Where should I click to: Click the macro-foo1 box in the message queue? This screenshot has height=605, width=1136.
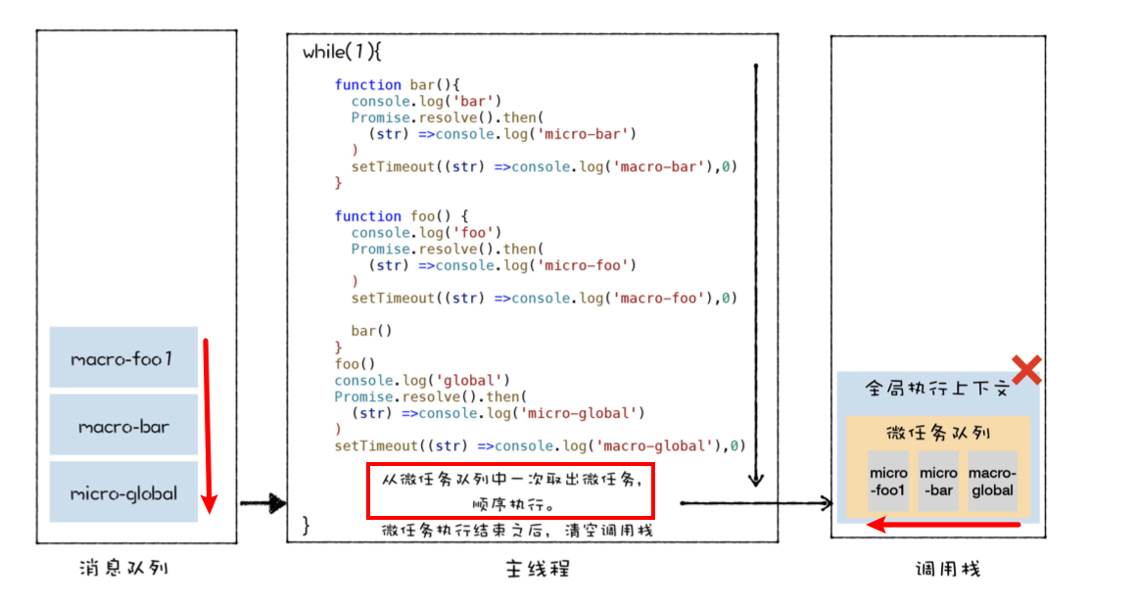123,357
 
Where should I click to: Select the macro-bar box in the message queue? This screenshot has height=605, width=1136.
123,425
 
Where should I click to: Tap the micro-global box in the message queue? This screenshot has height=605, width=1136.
123,492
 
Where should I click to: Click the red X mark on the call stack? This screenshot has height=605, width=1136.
1025,370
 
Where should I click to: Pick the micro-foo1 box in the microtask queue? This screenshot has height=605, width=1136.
888,481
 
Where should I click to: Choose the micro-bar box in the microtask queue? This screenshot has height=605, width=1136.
938,481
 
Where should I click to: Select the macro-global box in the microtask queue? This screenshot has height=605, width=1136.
992,481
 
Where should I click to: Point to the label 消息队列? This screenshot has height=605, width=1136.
124,568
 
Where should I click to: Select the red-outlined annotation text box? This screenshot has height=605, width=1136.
509,491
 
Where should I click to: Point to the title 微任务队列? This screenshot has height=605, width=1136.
937,433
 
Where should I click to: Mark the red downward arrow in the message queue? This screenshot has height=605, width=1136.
207,426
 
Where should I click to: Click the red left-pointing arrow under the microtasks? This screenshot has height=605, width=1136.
945,526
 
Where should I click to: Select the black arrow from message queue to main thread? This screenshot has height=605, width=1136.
262,504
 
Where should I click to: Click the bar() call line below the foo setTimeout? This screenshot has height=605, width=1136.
371,331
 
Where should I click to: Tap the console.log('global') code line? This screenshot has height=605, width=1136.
422,380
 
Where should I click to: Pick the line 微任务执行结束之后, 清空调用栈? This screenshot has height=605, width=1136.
516,531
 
